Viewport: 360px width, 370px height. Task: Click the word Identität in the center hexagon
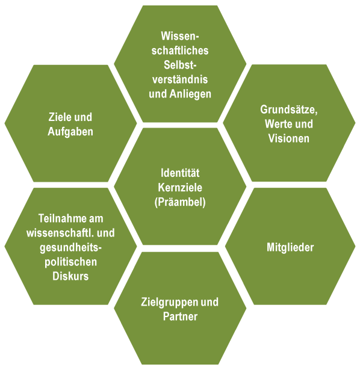pos(180,173)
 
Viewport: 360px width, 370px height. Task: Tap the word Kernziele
pos(180,188)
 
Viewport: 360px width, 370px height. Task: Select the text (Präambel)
pos(180,203)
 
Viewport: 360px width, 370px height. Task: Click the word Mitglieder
pos(290,247)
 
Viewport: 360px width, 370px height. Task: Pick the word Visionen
pos(289,138)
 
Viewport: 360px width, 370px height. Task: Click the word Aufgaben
pos(70,132)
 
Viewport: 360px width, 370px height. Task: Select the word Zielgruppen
pos(170,302)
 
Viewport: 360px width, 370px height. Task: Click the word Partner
pos(180,316)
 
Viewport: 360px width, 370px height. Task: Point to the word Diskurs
pos(70,276)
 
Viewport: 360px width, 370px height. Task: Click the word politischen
pos(70,262)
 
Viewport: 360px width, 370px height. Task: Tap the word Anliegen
pos(190,94)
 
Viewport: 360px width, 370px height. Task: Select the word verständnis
pos(180,79)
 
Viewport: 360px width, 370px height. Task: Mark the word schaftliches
pos(180,51)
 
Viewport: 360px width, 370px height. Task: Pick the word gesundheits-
pos(70,248)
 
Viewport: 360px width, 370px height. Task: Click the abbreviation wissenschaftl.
pos(60,233)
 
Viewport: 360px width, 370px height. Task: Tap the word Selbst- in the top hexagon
pos(180,65)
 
